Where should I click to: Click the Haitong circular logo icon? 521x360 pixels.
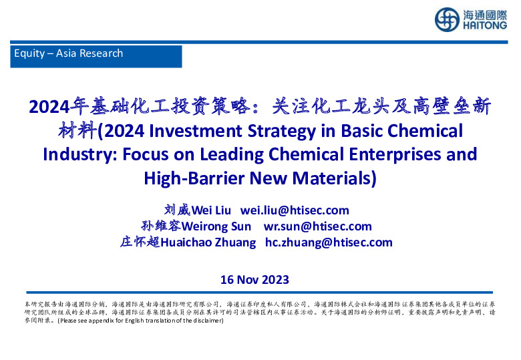click(x=446, y=19)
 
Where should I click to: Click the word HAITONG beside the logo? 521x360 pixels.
click(x=484, y=27)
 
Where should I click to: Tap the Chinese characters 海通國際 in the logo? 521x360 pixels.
click(x=484, y=14)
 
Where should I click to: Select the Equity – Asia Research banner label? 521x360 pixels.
click(x=69, y=53)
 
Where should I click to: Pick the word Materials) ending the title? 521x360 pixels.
click(x=337, y=178)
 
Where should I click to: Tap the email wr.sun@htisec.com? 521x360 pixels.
click(x=317, y=226)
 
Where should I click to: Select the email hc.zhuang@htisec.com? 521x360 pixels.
click(x=329, y=242)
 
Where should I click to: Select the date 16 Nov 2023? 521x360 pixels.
click(x=254, y=279)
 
